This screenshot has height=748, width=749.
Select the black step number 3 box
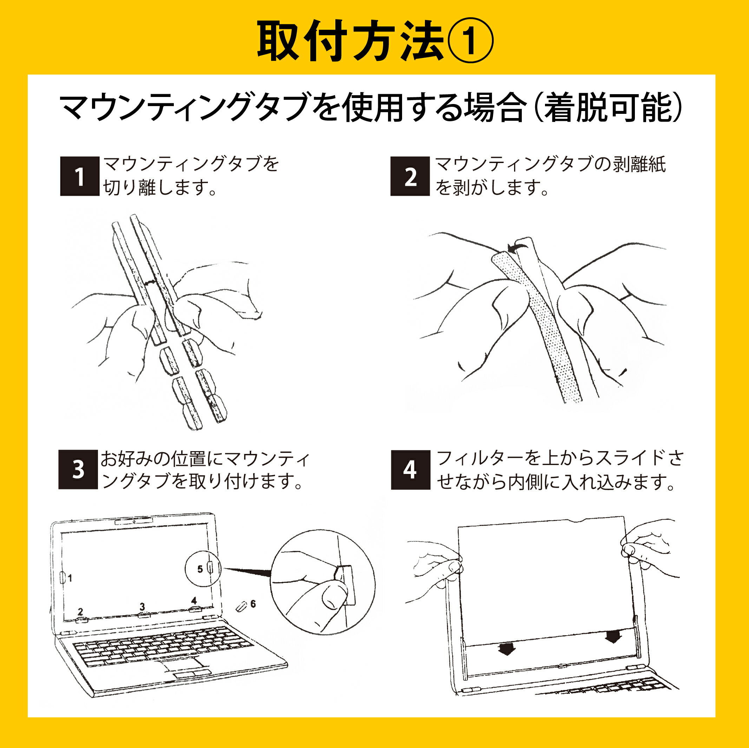tap(78, 469)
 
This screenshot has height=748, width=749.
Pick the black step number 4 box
tap(410, 469)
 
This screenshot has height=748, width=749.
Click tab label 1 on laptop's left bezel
tap(70, 578)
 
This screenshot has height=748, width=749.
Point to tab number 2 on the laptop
tap(80, 612)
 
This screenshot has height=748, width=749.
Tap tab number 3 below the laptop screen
tap(142, 606)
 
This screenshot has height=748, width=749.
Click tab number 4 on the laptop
tap(194, 600)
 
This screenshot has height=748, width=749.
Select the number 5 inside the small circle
tap(200, 569)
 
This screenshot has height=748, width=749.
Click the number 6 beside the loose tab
tap(253, 604)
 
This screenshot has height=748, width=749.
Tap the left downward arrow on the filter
tap(506, 649)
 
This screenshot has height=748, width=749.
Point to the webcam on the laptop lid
tap(134, 522)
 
